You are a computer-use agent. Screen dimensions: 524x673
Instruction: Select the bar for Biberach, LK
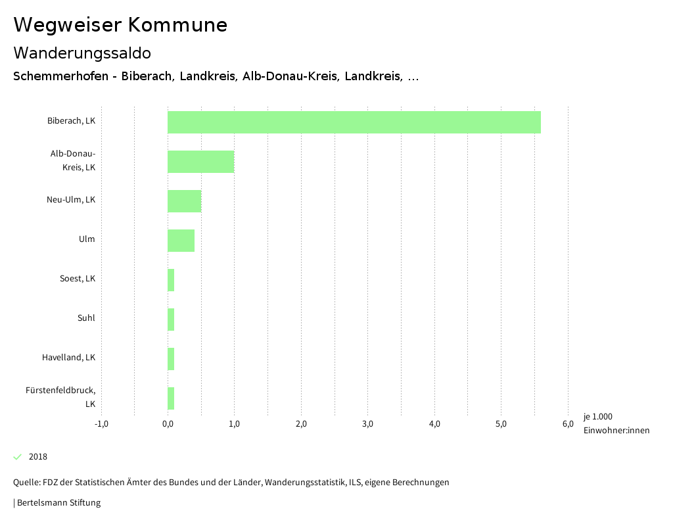pyautogui.click(x=354, y=122)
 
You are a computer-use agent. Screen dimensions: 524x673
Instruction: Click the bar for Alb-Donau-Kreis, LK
pyautogui.click(x=200, y=162)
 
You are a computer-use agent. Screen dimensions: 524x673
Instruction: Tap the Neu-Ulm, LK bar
pyautogui.click(x=184, y=201)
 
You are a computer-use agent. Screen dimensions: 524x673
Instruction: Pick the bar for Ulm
pyautogui.click(x=181, y=241)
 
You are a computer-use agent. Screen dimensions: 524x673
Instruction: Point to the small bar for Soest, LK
pyautogui.click(x=171, y=280)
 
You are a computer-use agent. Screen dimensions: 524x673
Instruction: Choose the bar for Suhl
pyautogui.click(x=171, y=320)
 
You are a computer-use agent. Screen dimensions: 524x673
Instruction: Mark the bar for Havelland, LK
pyautogui.click(x=171, y=359)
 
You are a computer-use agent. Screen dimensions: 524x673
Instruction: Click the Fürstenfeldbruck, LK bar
pyautogui.click(x=171, y=398)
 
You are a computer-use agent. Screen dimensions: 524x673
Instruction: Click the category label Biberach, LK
pyautogui.click(x=71, y=121)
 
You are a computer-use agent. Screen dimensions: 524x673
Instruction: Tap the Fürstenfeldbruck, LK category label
pyautogui.click(x=60, y=397)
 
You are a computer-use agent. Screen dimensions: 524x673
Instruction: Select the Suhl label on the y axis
pyautogui.click(x=86, y=318)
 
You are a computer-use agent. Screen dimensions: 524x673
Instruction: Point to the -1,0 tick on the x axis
pyautogui.click(x=101, y=423)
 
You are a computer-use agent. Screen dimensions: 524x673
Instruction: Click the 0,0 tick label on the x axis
pyautogui.click(x=168, y=423)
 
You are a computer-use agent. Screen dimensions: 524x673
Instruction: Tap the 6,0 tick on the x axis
pyautogui.click(x=568, y=423)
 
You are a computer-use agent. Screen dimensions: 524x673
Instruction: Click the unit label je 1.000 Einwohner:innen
pyautogui.click(x=616, y=423)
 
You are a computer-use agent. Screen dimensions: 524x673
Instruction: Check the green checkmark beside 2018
pyautogui.click(x=18, y=457)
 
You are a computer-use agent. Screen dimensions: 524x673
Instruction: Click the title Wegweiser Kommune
pyautogui.click(x=120, y=25)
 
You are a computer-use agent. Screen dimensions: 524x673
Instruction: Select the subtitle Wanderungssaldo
pyautogui.click(x=82, y=53)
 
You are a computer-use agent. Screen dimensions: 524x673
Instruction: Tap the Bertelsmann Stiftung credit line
pyautogui.click(x=58, y=503)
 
